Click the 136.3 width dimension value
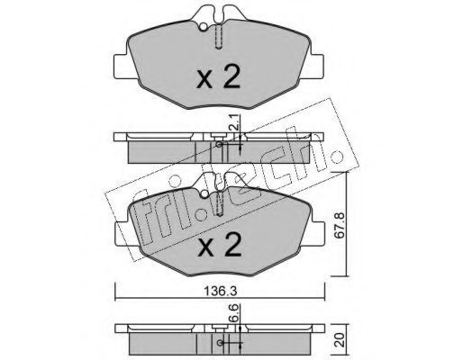coord(221,291)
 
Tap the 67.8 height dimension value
coord(340,225)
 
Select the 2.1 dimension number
coord(234,122)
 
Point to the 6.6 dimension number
coord(234,313)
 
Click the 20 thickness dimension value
coord(340,341)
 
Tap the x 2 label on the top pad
coord(218,77)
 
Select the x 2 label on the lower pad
coord(219,246)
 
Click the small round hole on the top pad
coord(204,27)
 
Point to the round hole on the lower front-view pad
coord(204,194)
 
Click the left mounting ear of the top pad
coord(122,67)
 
